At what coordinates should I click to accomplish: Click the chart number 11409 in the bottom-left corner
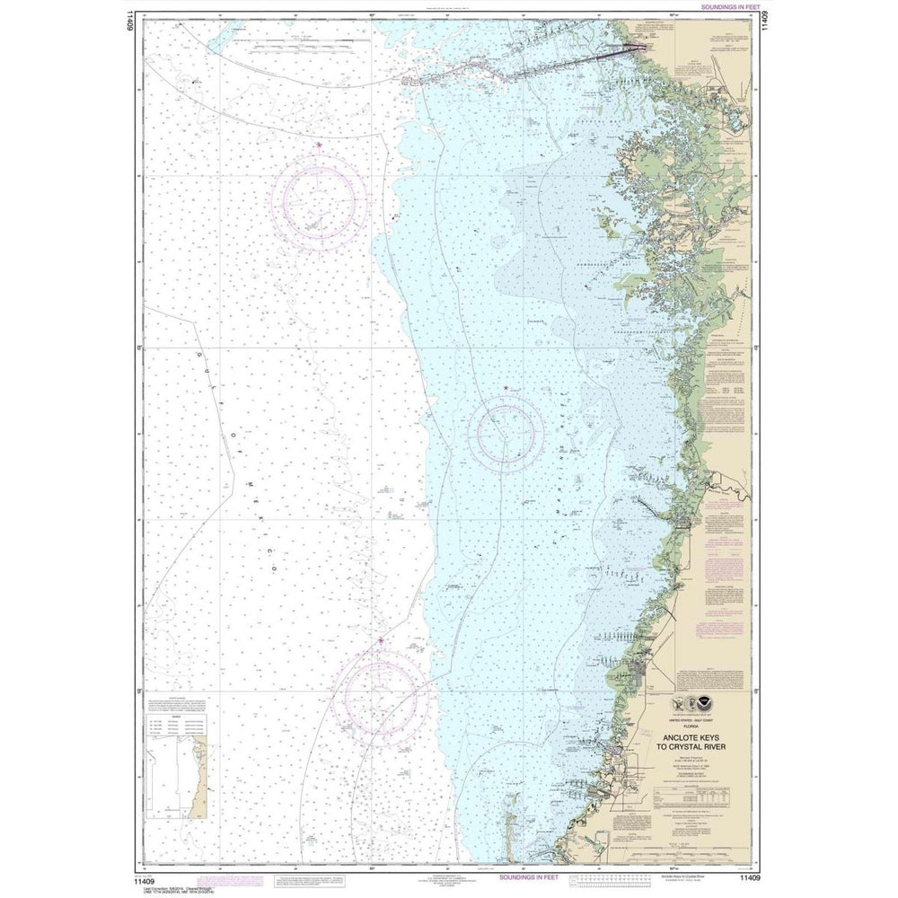tap(154, 877)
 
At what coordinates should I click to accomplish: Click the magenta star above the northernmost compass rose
tap(319, 145)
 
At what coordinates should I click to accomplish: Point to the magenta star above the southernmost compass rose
tap(380, 640)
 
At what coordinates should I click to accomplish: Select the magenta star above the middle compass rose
tap(505, 388)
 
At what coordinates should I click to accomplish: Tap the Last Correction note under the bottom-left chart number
tap(180, 888)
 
